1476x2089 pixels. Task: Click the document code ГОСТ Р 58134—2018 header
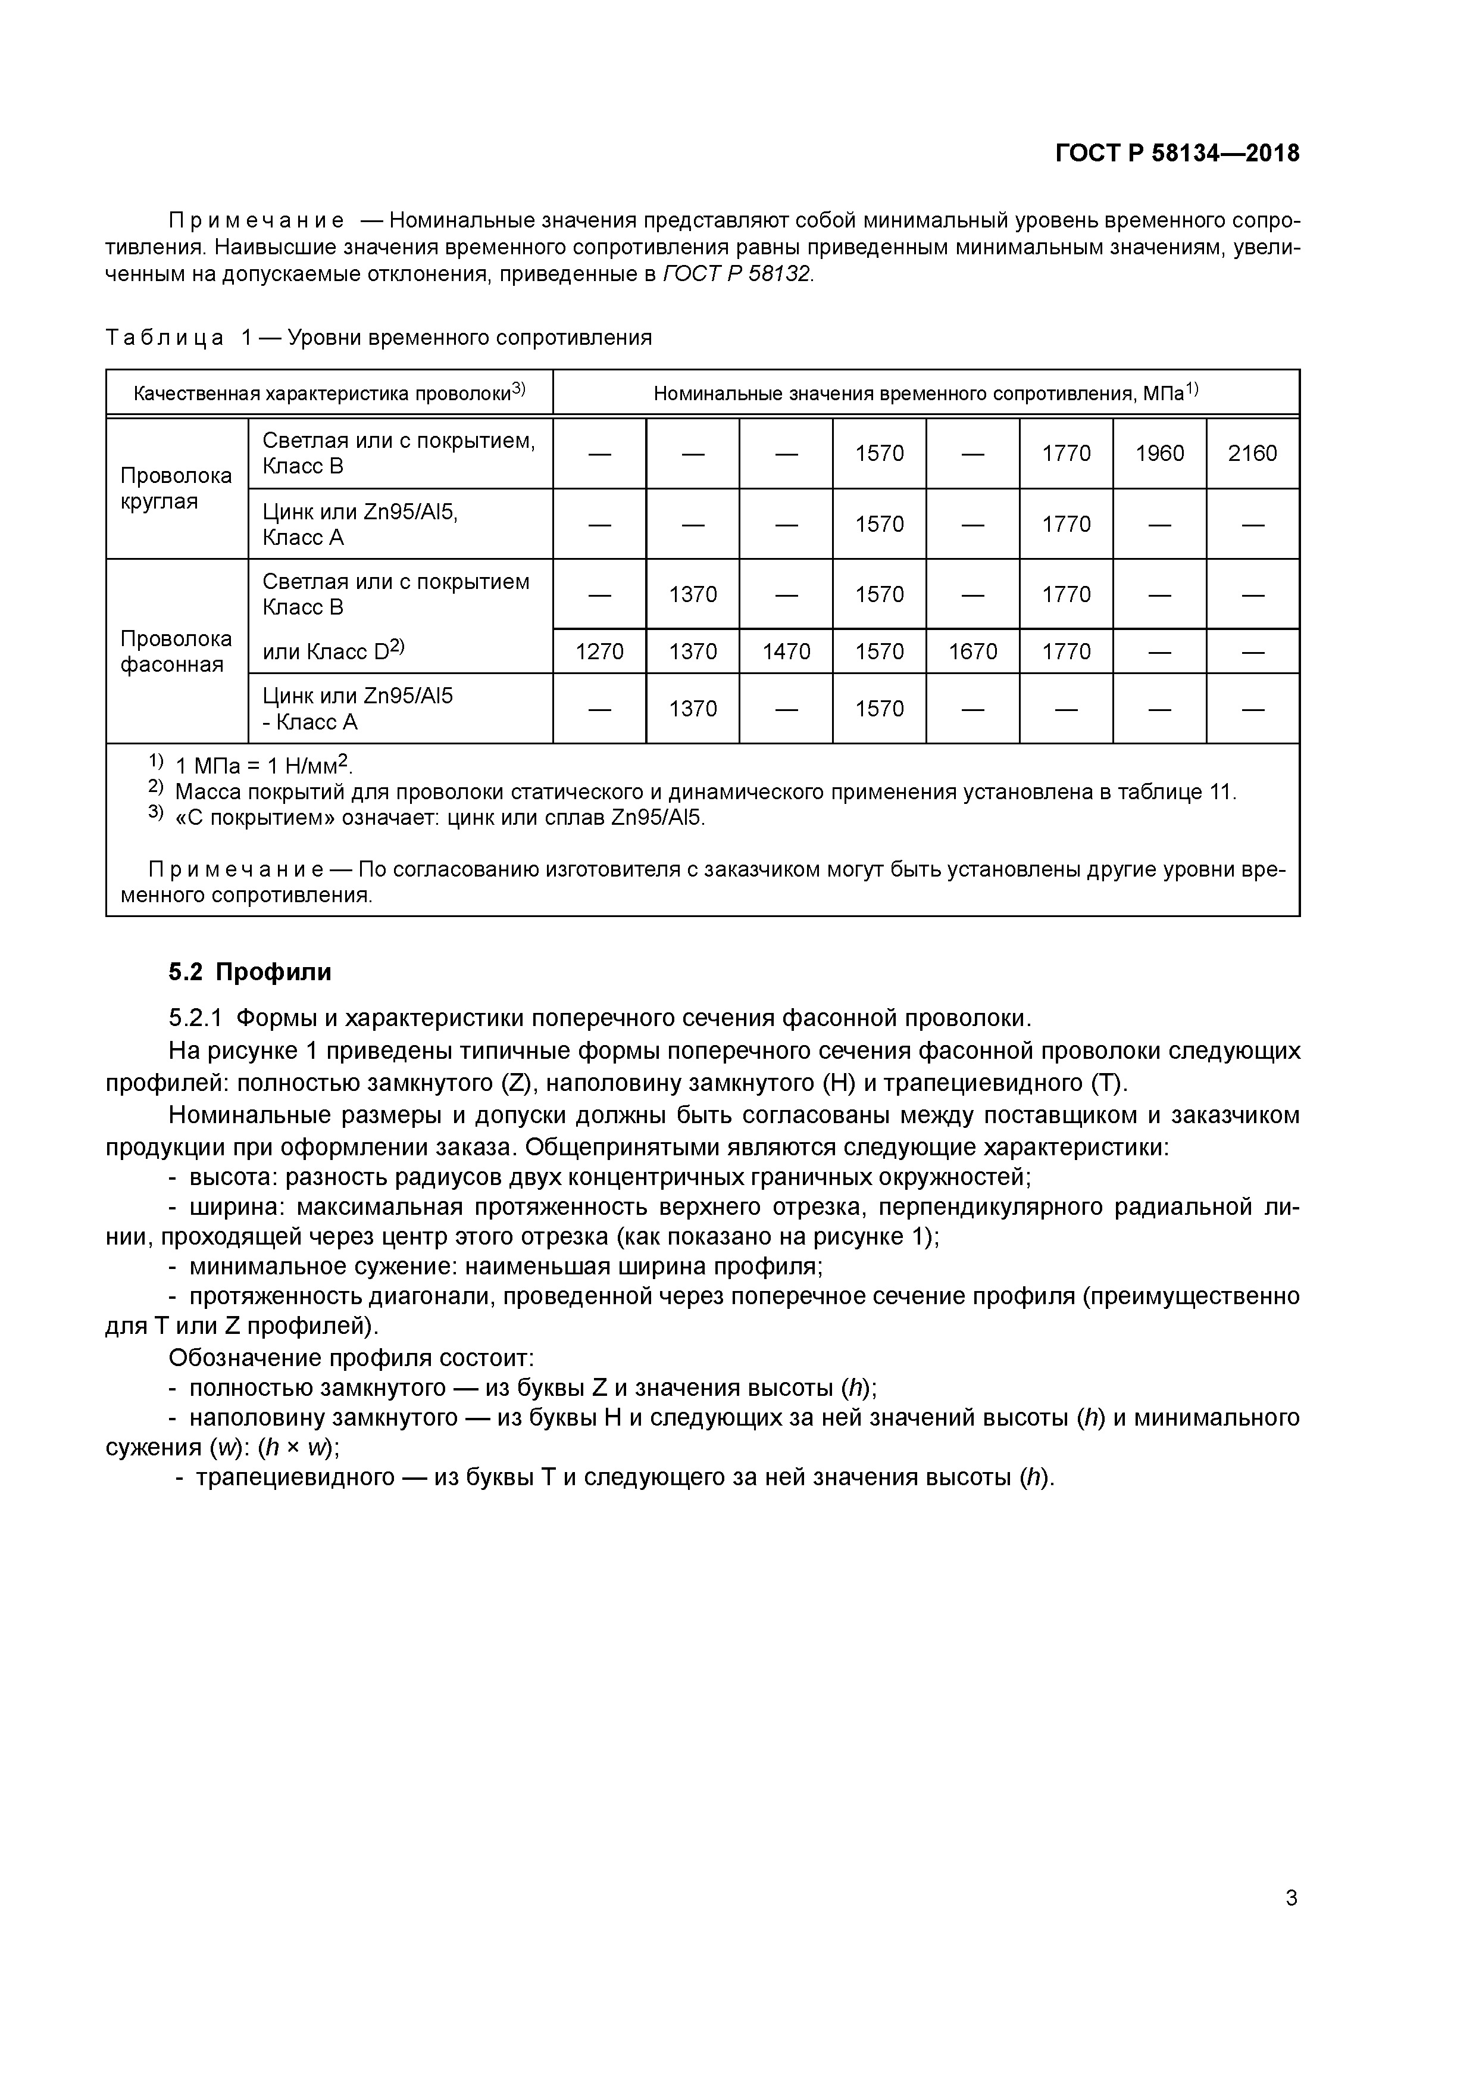pos(1177,154)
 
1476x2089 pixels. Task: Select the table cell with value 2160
pos(1252,453)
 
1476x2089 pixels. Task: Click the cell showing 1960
pos(1159,453)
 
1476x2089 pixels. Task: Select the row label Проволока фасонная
pos(176,651)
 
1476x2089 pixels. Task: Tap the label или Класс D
pos(332,650)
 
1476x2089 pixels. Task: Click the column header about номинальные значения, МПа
pos(926,393)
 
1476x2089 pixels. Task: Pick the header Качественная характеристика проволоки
pos(329,393)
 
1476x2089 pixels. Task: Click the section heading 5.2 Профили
pos(250,972)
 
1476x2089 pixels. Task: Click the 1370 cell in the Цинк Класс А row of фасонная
pos(693,709)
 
